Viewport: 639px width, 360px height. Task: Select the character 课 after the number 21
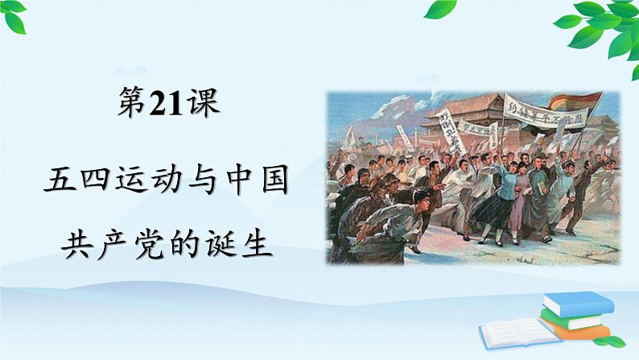coord(201,105)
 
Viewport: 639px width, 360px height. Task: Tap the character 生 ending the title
coord(252,239)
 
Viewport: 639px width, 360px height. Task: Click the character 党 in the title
coord(150,239)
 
